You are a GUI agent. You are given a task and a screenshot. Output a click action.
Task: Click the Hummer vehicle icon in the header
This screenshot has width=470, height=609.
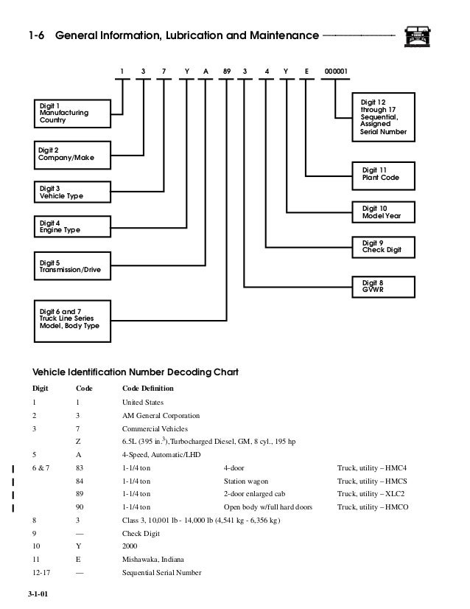tap(417, 37)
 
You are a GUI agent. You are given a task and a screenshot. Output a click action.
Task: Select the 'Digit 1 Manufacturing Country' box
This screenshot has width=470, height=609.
tap(72, 114)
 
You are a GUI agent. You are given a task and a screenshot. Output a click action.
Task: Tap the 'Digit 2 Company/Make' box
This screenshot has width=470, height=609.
tap(72, 155)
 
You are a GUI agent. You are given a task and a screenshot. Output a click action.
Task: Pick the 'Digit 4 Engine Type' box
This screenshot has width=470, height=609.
tap(72, 226)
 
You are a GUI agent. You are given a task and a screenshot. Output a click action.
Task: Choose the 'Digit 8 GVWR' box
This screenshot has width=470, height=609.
tap(384, 287)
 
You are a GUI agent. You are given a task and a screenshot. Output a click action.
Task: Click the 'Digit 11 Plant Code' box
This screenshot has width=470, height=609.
tap(384, 175)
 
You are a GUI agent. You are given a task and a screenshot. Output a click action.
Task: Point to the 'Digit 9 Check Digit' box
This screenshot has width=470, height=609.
tap(384, 247)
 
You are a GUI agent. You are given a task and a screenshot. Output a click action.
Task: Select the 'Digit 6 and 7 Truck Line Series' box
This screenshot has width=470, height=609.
tap(72, 321)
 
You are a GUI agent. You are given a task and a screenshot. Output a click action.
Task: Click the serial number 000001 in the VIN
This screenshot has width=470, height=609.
tap(336, 72)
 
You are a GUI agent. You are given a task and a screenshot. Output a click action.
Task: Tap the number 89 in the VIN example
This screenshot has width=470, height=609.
tap(227, 72)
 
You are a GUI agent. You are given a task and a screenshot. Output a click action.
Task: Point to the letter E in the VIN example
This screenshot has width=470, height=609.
tap(306, 72)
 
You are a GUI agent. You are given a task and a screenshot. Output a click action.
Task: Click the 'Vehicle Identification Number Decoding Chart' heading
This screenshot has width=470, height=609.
tap(135, 372)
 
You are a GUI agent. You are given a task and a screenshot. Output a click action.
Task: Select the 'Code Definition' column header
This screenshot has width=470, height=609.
tap(148, 389)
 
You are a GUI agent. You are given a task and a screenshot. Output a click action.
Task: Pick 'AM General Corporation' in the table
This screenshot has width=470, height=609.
tap(161, 416)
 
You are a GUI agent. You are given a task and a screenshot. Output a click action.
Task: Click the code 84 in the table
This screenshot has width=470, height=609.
tap(80, 481)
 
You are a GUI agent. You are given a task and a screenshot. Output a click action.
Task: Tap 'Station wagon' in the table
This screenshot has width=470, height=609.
tap(245, 481)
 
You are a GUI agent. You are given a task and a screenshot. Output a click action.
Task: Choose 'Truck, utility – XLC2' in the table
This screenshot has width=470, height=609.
tap(371, 494)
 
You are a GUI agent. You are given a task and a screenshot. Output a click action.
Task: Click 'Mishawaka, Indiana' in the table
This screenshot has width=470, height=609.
tap(153, 560)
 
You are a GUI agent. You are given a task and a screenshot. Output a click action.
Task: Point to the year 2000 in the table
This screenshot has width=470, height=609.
tap(130, 546)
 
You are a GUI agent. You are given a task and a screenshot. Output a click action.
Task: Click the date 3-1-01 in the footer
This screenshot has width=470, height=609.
tap(38, 594)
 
